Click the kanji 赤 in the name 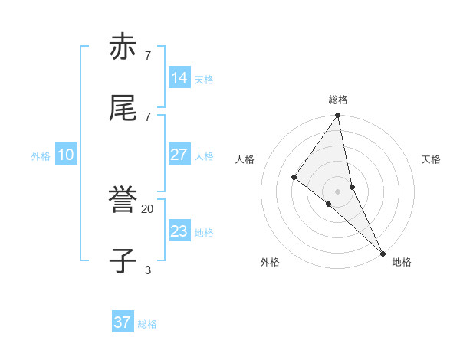click(123, 47)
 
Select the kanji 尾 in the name click(123, 108)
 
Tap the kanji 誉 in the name click(123, 201)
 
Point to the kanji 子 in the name click(123, 261)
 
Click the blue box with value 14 click(179, 78)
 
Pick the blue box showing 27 click(179, 155)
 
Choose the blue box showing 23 click(179, 231)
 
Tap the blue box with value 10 click(66, 155)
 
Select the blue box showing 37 click(123, 322)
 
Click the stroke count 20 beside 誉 click(147, 208)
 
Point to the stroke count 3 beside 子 click(147, 270)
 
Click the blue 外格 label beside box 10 click(41, 156)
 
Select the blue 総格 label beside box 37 click(147, 324)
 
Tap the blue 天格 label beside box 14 click(204, 80)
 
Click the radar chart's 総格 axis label click(338, 100)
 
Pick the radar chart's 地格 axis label click(402, 262)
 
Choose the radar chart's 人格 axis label click(245, 159)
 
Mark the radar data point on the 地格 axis click(383, 252)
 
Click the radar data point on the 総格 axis click(338, 116)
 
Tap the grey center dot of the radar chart click(338, 191)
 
